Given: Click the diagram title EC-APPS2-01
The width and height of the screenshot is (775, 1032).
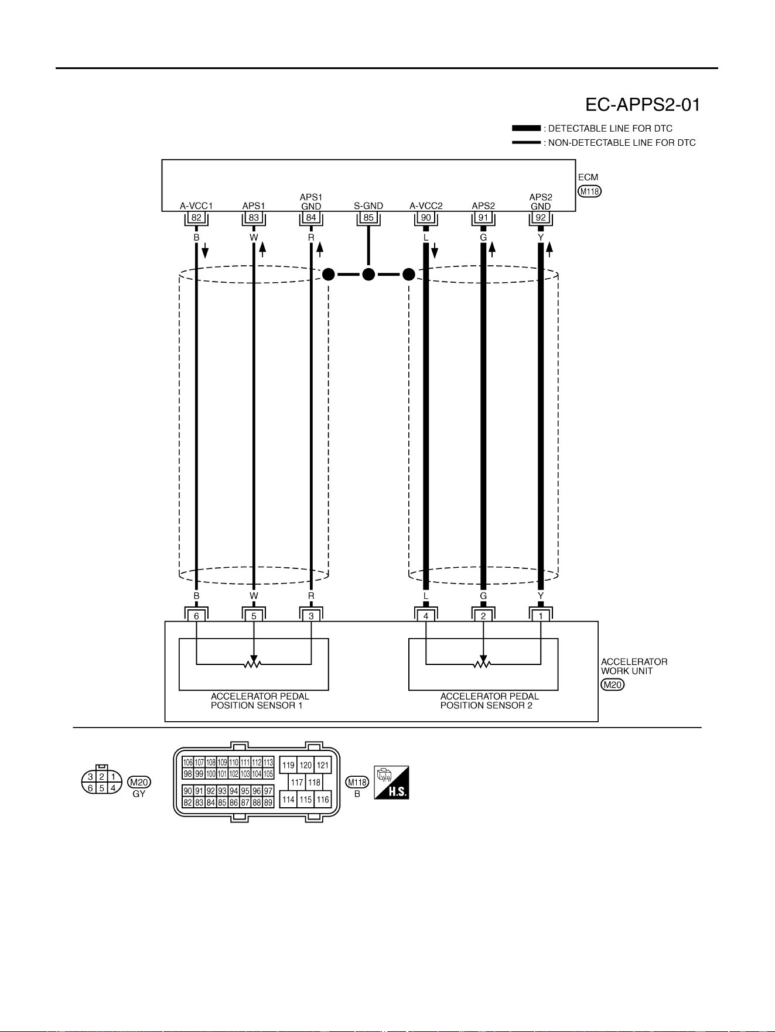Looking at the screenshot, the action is tap(643, 105).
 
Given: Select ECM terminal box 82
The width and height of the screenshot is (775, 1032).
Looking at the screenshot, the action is tap(196, 218).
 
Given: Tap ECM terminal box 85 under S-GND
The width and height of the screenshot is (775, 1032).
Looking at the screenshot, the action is tap(368, 218).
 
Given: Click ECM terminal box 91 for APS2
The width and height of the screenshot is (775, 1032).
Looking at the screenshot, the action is tap(483, 218).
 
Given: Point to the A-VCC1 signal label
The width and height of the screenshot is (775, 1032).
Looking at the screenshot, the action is tap(196, 206).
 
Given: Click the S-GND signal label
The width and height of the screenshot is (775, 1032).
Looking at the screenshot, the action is tap(368, 206).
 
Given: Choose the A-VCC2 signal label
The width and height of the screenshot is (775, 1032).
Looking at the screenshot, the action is tap(426, 206).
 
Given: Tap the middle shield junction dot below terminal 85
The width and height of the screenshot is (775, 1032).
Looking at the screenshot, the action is tap(368, 274).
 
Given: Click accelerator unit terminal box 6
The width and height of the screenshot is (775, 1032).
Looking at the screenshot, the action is tap(196, 616).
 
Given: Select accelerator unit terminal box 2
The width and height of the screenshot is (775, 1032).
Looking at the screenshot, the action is tap(483, 616).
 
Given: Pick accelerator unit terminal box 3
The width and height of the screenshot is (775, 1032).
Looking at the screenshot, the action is tap(311, 616).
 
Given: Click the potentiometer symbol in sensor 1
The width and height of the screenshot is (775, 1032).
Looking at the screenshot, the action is tap(254, 663).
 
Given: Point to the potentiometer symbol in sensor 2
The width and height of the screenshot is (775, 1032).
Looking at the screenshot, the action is tap(483, 663).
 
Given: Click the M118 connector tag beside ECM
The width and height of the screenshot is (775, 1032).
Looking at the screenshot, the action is tap(590, 191).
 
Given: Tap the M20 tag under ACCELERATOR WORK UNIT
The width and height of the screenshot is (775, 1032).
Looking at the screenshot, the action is tap(613, 685).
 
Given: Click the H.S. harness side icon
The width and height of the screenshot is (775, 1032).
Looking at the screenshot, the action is tap(391, 783).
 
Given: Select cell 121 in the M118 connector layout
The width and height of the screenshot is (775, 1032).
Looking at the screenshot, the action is tap(323, 765).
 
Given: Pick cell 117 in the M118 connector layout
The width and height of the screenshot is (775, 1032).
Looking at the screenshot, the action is tap(297, 782).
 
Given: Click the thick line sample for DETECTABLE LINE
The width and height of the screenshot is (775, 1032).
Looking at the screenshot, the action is tap(527, 128).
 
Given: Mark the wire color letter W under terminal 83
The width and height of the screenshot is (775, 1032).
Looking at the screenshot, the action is tap(254, 238).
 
